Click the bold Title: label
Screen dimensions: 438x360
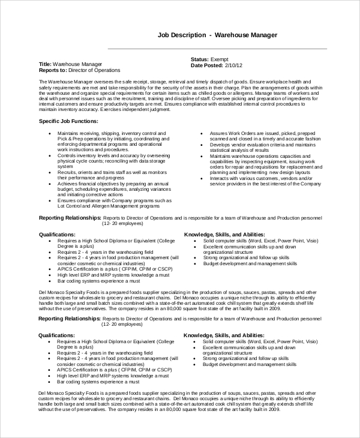[x=45, y=64]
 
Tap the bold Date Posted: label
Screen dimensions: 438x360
[x=206, y=65]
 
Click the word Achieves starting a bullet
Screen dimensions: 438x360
[x=68, y=181]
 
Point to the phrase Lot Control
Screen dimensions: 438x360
[x=71, y=205]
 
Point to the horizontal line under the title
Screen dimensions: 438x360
[x=217, y=49]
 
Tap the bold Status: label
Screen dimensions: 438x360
[x=199, y=59]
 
